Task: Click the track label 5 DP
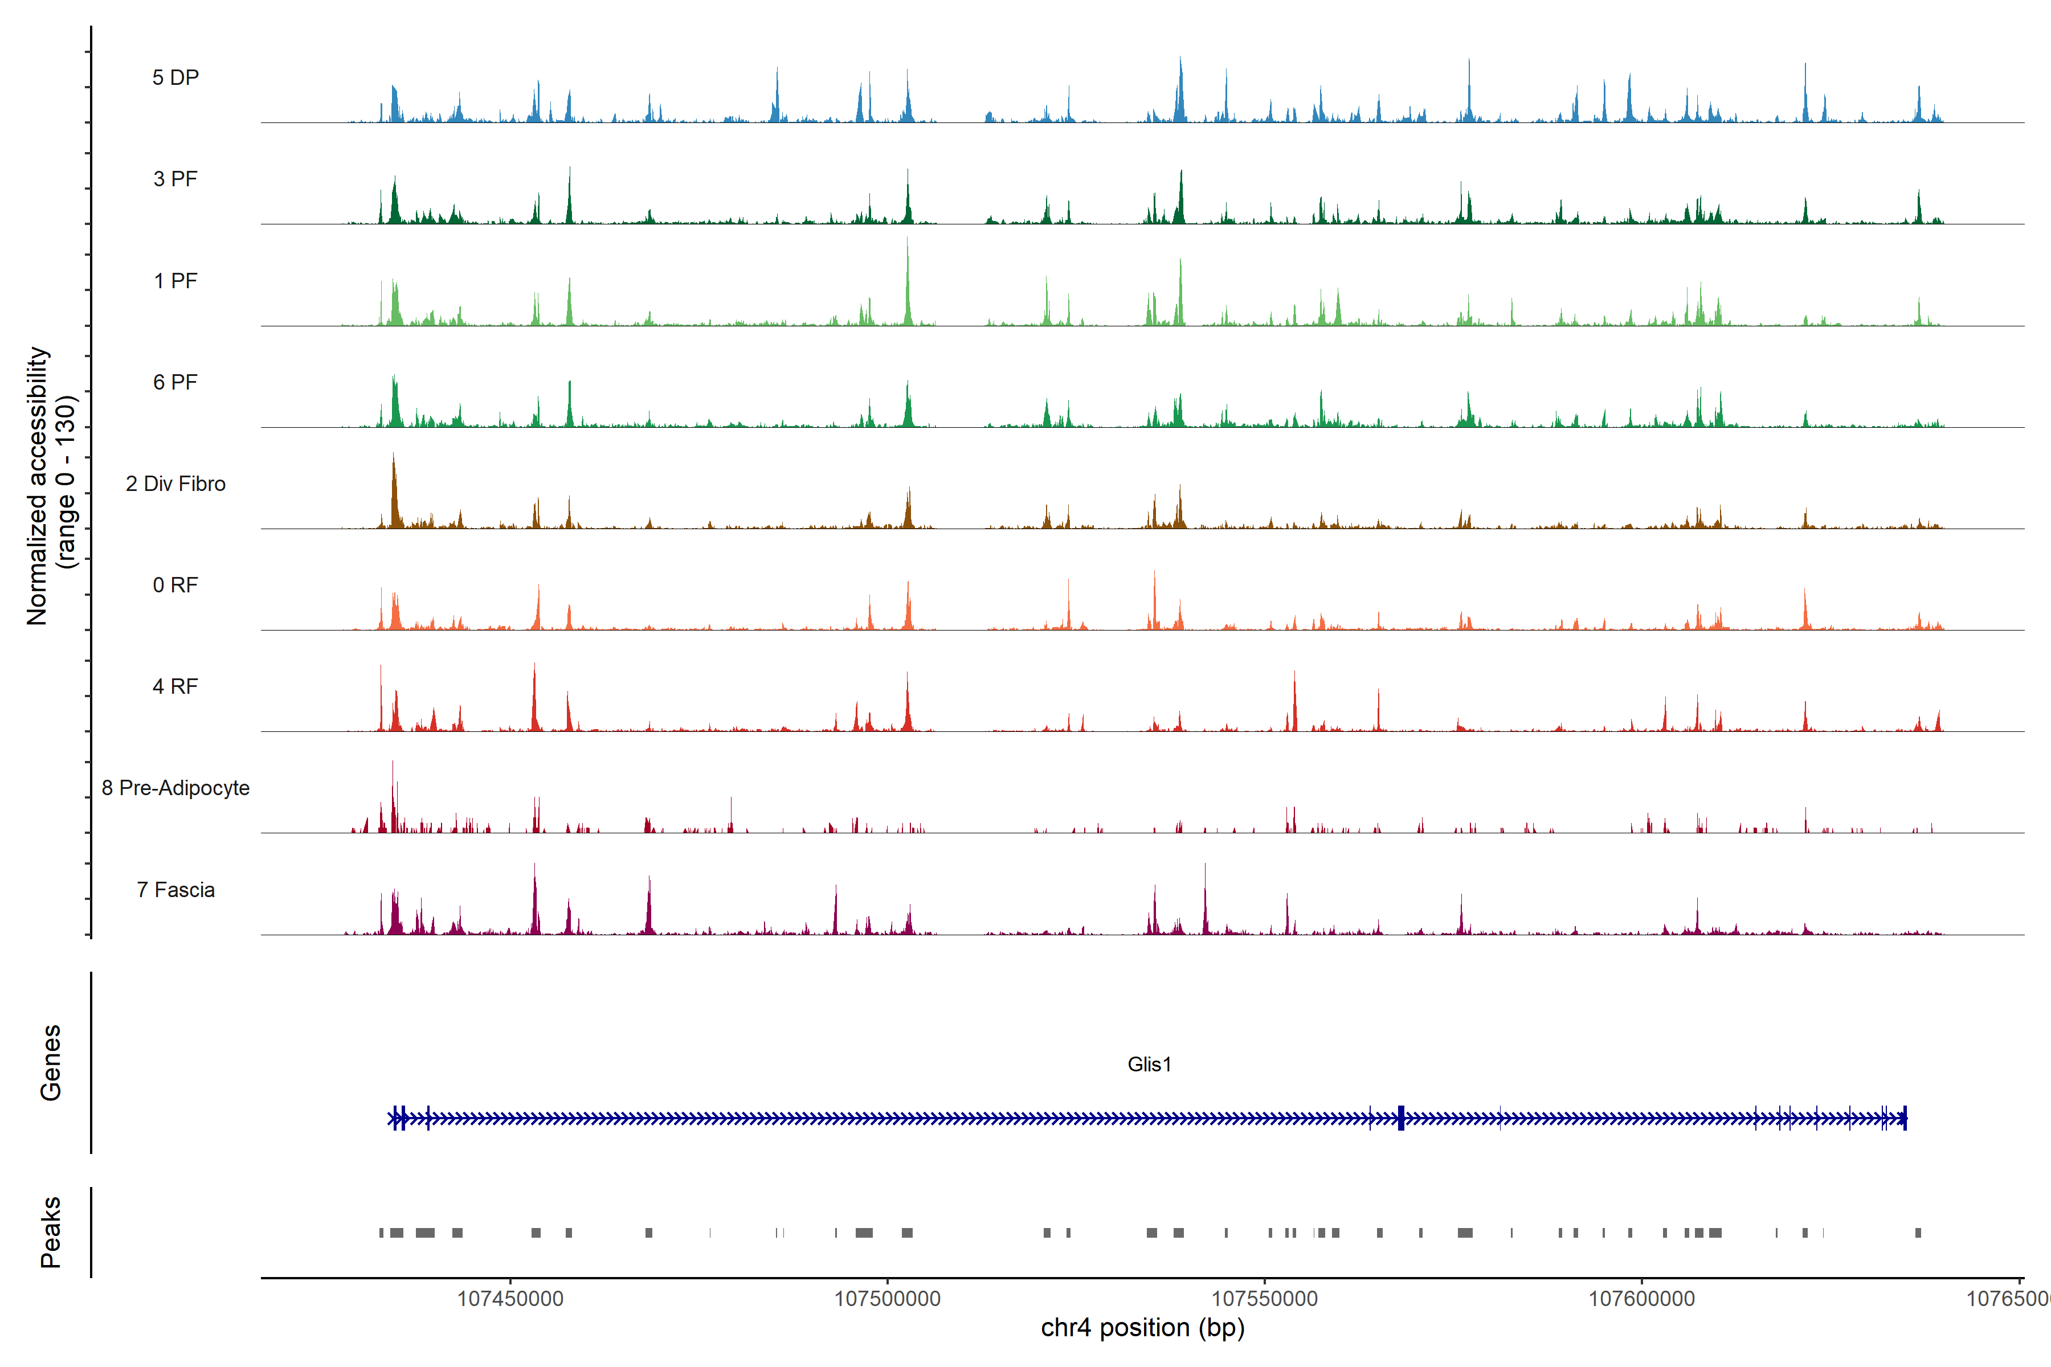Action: point(175,77)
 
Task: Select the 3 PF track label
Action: point(175,179)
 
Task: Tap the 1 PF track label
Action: point(175,281)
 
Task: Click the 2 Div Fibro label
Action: point(175,484)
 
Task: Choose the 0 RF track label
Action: point(175,585)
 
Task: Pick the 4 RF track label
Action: point(175,686)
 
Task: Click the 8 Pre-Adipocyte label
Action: point(175,788)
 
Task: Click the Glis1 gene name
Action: point(1149,1065)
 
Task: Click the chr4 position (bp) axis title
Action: point(1142,1328)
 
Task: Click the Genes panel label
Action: point(51,1063)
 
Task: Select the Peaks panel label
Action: point(51,1232)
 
